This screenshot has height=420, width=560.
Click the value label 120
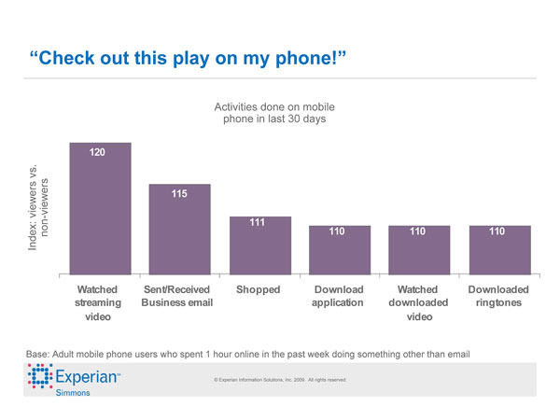(x=97, y=152)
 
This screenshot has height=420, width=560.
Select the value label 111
(x=259, y=222)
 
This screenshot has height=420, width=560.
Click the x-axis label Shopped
(x=259, y=289)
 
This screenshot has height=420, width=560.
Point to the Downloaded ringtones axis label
(x=498, y=296)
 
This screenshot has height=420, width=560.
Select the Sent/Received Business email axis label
(x=177, y=296)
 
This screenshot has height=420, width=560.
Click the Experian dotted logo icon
(x=38, y=379)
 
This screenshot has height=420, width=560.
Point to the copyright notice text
(x=280, y=380)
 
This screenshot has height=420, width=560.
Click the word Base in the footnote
(x=40, y=352)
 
